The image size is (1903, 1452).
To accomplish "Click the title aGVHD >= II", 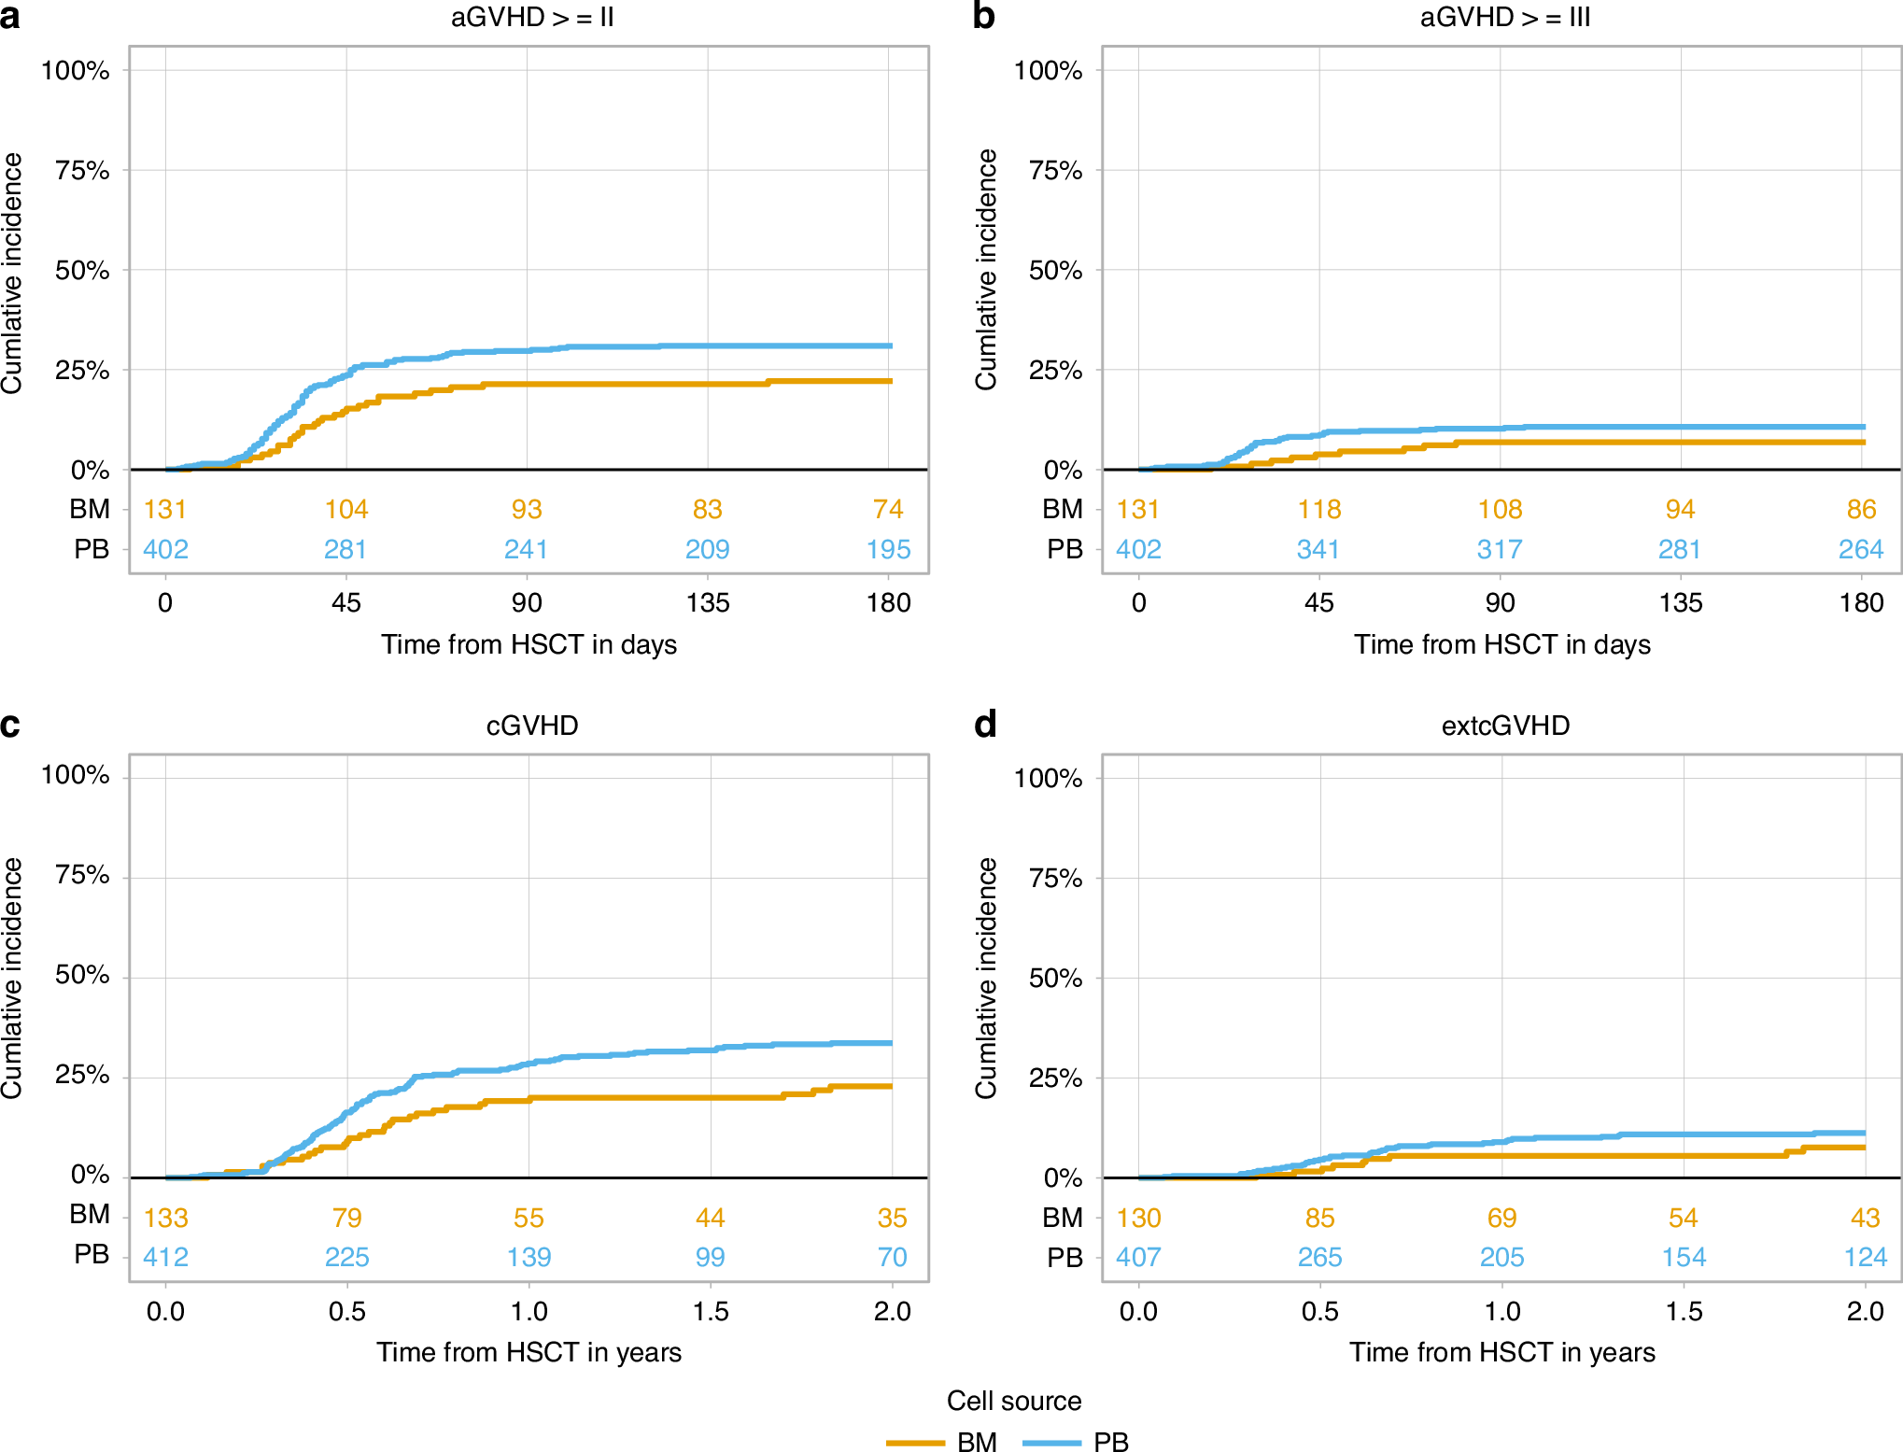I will click(x=532, y=18).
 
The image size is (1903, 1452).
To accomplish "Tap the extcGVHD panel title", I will click(x=1505, y=726).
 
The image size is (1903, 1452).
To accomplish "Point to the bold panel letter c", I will click(x=10, y=725).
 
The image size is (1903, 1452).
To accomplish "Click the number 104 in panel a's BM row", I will click(x=346, y=509).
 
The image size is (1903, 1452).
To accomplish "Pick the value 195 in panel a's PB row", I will click(x=888, y=549).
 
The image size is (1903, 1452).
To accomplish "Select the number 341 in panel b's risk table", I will click(x=1318, y=549).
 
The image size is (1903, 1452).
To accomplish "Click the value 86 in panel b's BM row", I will click(x=1861, y=509).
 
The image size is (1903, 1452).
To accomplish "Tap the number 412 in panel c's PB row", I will click(x=165, y=1257).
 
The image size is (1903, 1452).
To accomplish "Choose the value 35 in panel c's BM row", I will click(x=892, y=1218).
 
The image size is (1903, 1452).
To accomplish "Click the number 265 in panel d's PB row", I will click(x=1319, y=1257).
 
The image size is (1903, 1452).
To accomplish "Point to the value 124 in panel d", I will click(x=1865, y=1257).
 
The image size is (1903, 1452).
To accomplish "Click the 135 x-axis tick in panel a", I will click(x=708, y=602).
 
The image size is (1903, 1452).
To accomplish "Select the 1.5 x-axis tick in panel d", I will click(x=1684, y=1311).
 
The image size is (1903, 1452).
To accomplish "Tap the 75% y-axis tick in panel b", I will click(x=1055, y=170).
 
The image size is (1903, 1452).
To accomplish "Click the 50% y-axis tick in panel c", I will click(x=82, y=975).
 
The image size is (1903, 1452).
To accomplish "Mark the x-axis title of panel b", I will click(x=1502, y=644).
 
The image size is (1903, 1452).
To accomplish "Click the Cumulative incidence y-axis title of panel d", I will click(x=986, y=977).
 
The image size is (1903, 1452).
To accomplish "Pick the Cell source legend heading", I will click(x=1014, y=1401).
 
